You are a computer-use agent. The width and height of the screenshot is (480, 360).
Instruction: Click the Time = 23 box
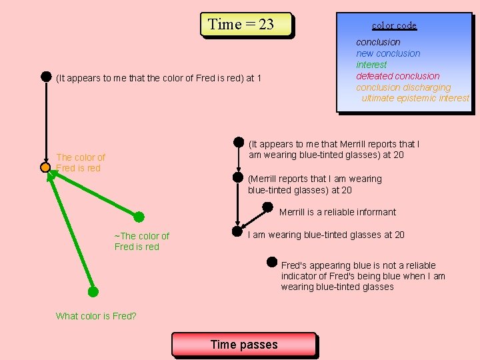pyautogui.click(x=246, y=25)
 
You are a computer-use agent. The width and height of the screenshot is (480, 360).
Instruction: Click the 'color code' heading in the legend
pyautogui.click(x=394, y=25)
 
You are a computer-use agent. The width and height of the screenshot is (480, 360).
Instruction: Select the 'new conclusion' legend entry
pyautogui.click(x=388, y=53)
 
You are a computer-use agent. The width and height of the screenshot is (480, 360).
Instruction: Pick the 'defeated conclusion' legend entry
pyautogui.click(x=397, y=76)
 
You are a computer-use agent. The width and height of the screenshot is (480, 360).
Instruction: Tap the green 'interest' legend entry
pyautogui.click(x=371, y=65)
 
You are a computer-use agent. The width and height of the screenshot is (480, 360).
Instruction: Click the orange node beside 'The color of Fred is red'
pyautogui.click(x=45, y=167)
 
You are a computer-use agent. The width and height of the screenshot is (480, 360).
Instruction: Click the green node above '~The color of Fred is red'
pyautogui.click(x=139, y=217)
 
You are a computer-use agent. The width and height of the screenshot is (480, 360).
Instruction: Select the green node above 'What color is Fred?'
pyautogui.click(x=93, y=291)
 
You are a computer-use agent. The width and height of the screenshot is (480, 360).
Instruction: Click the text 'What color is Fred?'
pyautogui.click(x=96, y=316)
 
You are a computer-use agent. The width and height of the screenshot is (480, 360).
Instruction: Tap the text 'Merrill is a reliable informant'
pyautogui.click(x=337, y=212)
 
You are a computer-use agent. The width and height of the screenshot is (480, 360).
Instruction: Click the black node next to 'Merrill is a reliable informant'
pyautogui.click(x=267, y=207)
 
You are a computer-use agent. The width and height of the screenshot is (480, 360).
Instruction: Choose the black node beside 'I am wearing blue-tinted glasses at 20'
pyautogui.click(x=237, y=232)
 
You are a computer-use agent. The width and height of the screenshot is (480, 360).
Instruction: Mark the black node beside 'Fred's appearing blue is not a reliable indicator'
pyautogui.click(x=272, y=262)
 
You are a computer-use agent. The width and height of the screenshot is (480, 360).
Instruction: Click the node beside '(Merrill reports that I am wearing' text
pyautogui.click(x=237, y=177)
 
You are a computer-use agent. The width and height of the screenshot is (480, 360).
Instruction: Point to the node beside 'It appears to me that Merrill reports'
pyautogui.click(x=238, y=142)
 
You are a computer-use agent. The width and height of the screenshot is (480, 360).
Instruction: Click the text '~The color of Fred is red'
pyautogui.click(x=141, y=241)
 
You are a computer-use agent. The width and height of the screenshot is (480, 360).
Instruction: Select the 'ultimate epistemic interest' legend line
pyautogui.click(x=415, y=98)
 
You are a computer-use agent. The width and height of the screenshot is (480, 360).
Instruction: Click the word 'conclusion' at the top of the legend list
pyautogui.click(x=378, y=42)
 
